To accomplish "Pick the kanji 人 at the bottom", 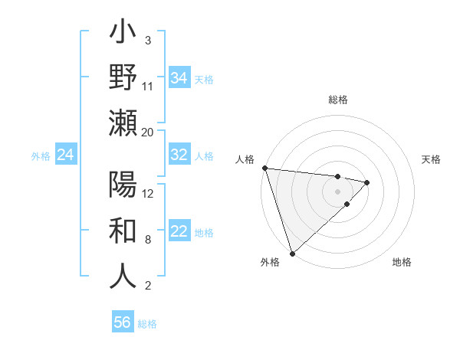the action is (x=123, y=276).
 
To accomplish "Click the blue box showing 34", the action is (x=179, y=78).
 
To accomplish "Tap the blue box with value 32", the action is (x=179, y=155).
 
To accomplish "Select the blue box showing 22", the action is (x=179, y=231).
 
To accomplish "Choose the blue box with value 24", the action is (x=65, y=155).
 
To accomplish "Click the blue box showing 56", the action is (x=123, y=322).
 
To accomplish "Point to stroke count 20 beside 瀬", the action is (x=148, y=133).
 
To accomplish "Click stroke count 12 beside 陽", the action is (x=148, y=194).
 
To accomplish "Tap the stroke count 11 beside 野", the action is (x=148, y=87).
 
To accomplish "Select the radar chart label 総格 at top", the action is (x=338, y=100).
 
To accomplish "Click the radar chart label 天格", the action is (x=432, y=159).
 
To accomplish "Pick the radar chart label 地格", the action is (x=402, y=262).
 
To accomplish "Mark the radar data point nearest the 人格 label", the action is (x=264, y=168).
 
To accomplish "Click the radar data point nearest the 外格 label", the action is (x=292, y=253).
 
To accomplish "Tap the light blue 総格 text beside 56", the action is (x=147, y=324).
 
